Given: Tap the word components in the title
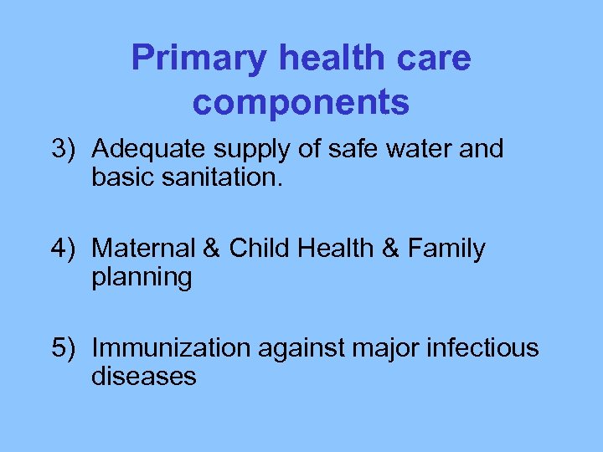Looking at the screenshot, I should tap(301, 102).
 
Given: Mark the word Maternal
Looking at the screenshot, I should tap(143, 249).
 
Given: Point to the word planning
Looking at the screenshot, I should tap(142, 278).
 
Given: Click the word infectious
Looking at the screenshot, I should tap(487, 347).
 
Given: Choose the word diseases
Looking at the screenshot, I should tap(143, 376).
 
